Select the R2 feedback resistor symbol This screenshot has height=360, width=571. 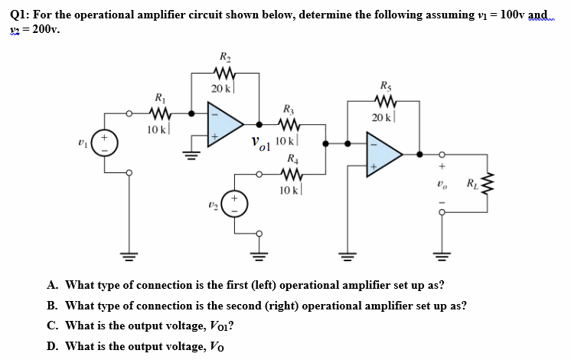coord(225,74)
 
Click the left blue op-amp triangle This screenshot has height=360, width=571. coord(224,123)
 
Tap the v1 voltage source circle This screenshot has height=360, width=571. coord(106,144)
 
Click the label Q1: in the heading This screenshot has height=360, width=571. coord(17,14)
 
